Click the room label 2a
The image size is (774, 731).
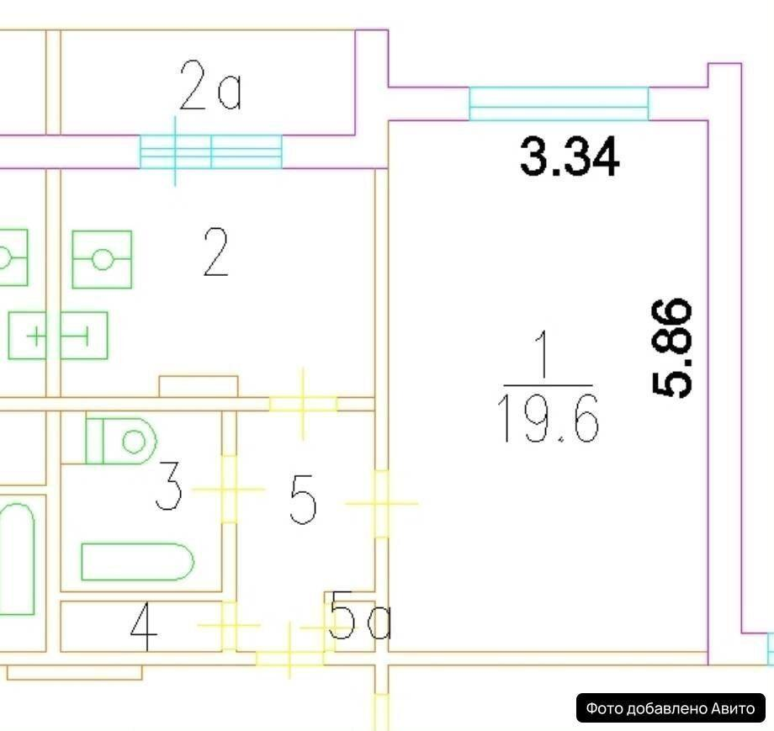pyautogui.click(x=211, y=86)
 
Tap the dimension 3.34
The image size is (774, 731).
pyautogui.click(x=570, y=157)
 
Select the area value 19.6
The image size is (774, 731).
pyautogui.click(x=549, y=419)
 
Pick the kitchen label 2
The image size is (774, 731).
pyautogui.click(x=215, y=252)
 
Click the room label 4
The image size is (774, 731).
pyautogui.click(x=144, y=627)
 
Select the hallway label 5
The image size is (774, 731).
pyautogui.click(x=303, y=499)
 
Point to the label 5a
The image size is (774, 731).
pyautogui.click(x=360, y=615)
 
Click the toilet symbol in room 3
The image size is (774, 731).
pyautogui.click(x=121, y=441)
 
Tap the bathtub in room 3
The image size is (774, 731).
pyautogui.click(x=137, y=562)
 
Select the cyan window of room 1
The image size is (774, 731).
pyautogui.click(x=559, y=103)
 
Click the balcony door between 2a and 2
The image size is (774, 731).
pyautogui.click(x=211, y=151)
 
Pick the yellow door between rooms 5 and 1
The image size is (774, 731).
pyautogui.click(x=382, y=504)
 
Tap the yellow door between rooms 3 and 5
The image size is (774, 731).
pyautogui.click(x=229, y=489)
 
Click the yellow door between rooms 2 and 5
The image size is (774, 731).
pyautogui.click(x=303, y=404)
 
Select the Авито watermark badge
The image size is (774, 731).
pyautogui.click(x=671, y=708)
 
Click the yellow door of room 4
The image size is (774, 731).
pyautogui.click(x=229, y=625)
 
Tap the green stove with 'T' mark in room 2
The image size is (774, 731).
pyautogui.click(x=84, y=335)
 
